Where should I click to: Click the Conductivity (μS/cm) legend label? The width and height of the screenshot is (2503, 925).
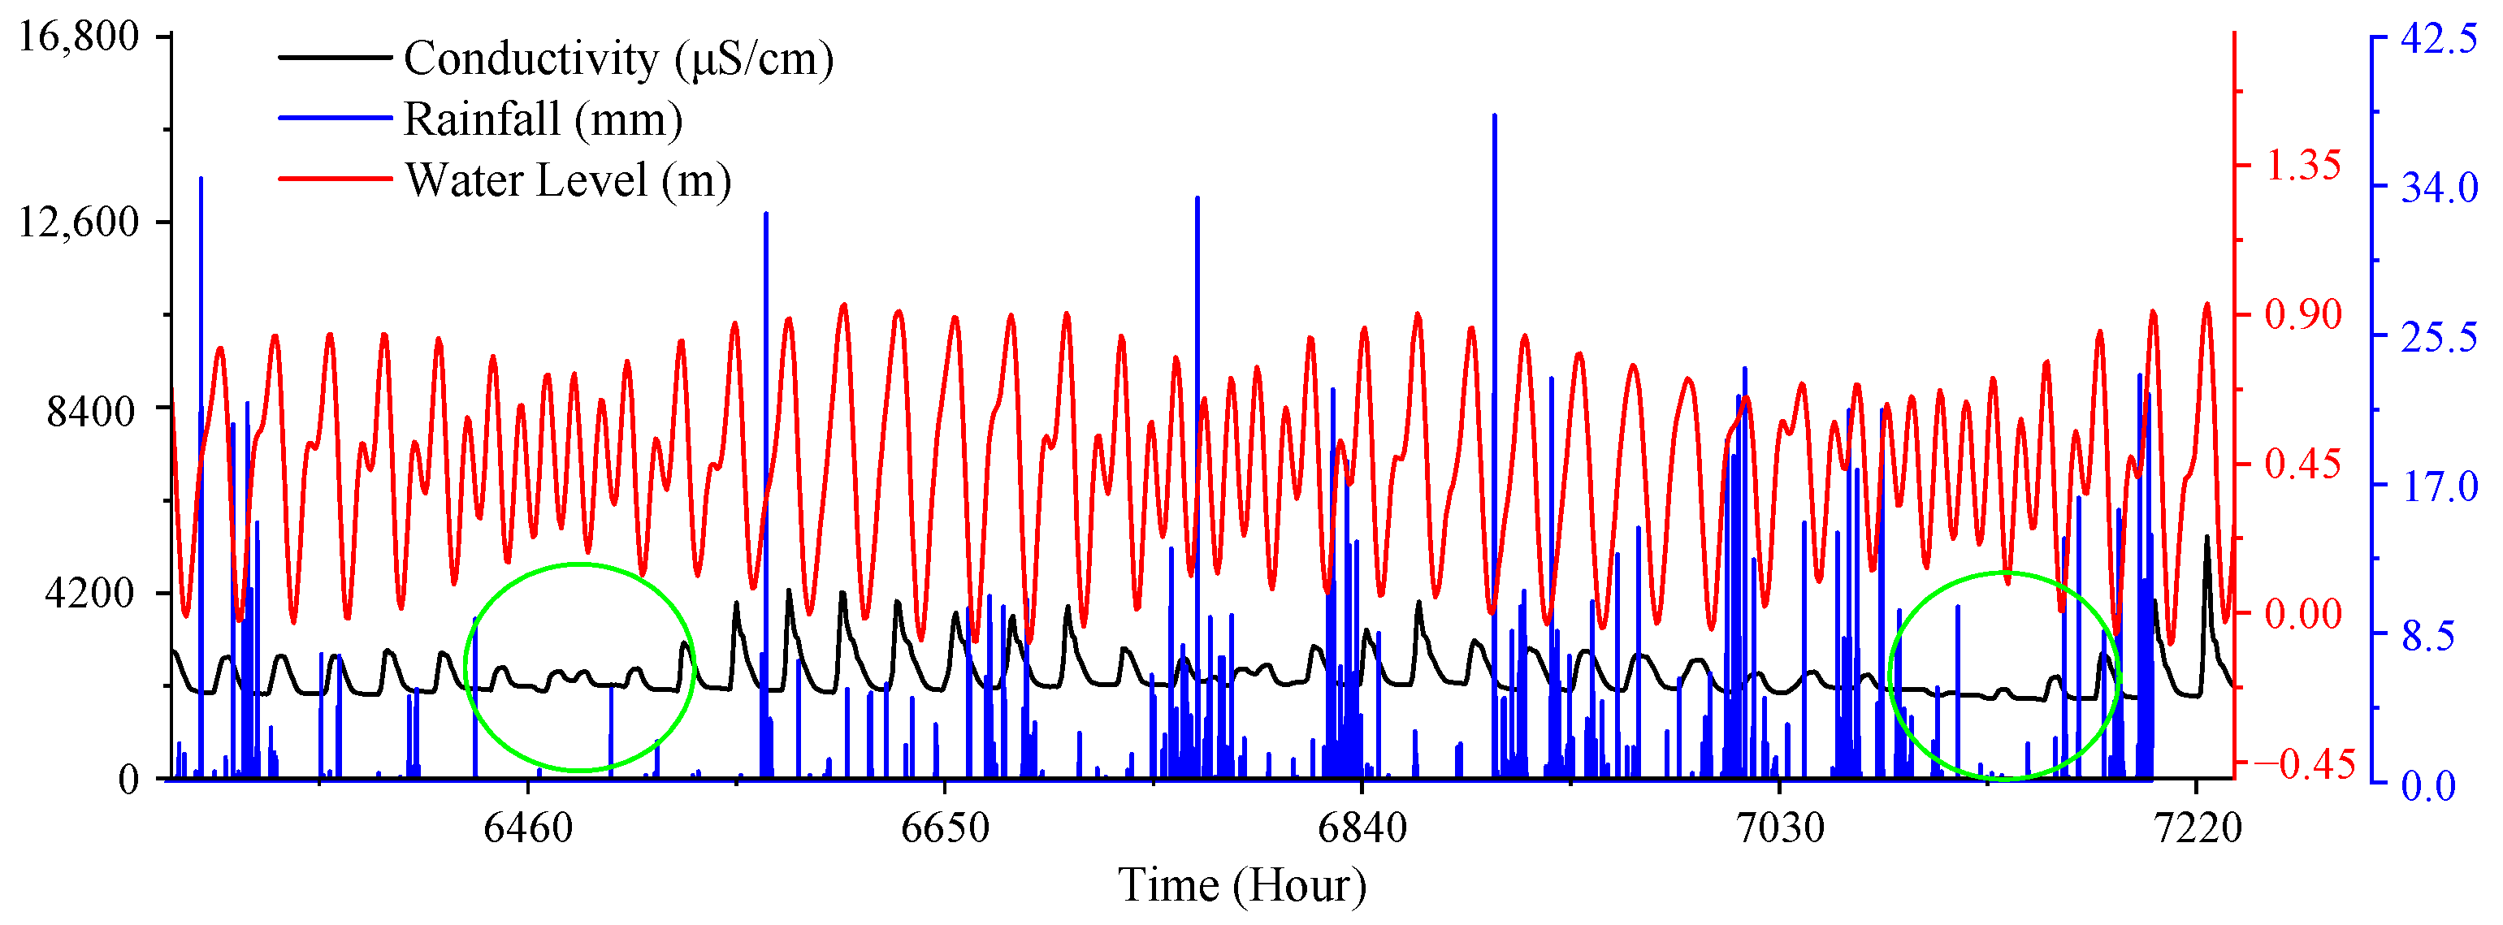[x=618, y=58]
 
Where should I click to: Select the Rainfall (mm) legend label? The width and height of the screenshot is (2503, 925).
[x=543, y=119]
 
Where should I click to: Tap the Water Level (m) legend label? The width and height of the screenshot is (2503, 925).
[x=567, y=181]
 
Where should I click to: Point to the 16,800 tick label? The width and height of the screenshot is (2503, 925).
[x=79, y=37]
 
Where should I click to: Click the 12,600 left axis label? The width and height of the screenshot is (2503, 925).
[x=79, y=222]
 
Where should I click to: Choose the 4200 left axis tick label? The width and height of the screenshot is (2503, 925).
[x=89, y=593]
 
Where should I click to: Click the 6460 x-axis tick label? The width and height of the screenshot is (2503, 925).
[x=527, y=828]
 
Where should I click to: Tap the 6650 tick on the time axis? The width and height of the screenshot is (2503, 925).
[x=945, y=828]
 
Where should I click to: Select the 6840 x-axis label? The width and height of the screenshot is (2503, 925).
[x=1362, y=828]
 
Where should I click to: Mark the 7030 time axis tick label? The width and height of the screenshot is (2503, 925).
[x=1780, y=828]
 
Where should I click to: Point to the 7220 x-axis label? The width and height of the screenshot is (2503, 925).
[x=2197, y=828]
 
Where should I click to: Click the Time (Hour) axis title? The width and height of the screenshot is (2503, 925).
[x=1242, y=885]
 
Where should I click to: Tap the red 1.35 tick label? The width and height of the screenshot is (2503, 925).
[x=2303, y=165]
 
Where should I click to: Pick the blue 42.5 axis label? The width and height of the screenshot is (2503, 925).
[x=2439, y=39]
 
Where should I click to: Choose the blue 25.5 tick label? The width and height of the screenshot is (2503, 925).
[x=2439, y=337]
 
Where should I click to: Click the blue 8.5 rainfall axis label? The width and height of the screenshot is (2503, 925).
[x=2428, y=637]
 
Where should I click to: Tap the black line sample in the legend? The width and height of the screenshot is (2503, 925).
[x=336, y=58]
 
